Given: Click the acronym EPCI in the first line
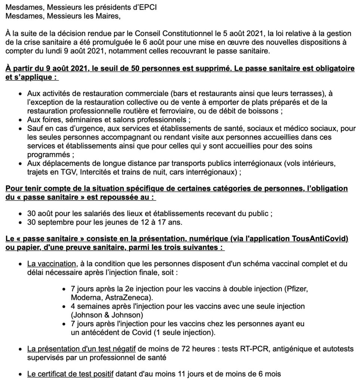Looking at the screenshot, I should (136, 7).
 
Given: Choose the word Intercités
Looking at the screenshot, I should (94, 172).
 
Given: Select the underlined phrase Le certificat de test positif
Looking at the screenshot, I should (70, 374).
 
